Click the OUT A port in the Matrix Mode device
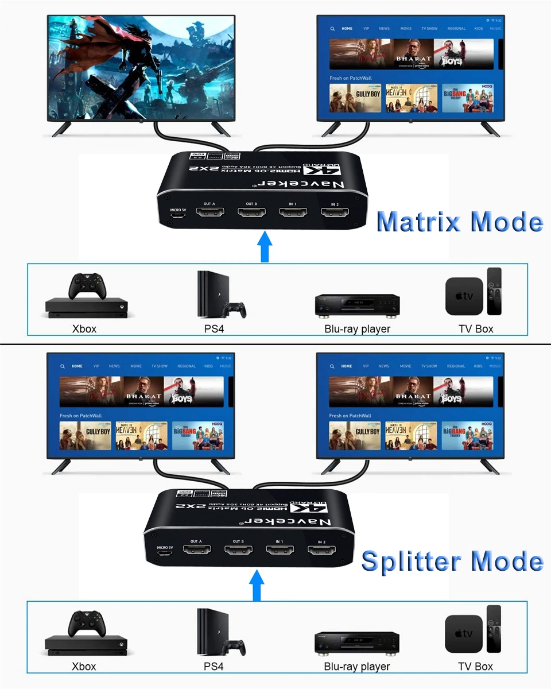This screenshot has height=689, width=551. click(209, 212)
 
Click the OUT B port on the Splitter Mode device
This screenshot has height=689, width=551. click(238, 550)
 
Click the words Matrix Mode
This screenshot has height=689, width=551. click(459, 222)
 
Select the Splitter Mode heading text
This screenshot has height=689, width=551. click(452, 561)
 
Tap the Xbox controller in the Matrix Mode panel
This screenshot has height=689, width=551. click(87, 285)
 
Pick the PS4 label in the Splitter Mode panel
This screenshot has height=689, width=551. click(214, 667)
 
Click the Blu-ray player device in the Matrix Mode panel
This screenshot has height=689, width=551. click(357, 305)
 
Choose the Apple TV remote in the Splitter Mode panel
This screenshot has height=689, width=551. click(494, 629)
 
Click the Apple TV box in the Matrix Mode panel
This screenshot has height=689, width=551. click(464, 296)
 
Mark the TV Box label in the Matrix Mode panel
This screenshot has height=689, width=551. click(476, 329)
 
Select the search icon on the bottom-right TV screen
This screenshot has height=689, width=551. click(332, 366)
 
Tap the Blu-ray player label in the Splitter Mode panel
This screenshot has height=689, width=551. click(357, 667)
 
